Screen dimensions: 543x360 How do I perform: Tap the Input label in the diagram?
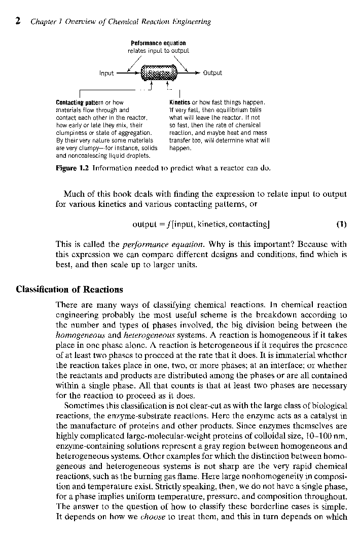tap(106, 74)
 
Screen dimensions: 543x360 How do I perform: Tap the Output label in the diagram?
tap(212, 73)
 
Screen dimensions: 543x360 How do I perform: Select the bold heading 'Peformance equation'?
tap(158, 43)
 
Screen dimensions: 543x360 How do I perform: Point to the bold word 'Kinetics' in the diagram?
tap(179, 102)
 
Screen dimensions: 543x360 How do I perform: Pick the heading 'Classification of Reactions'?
tap(69, 289)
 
